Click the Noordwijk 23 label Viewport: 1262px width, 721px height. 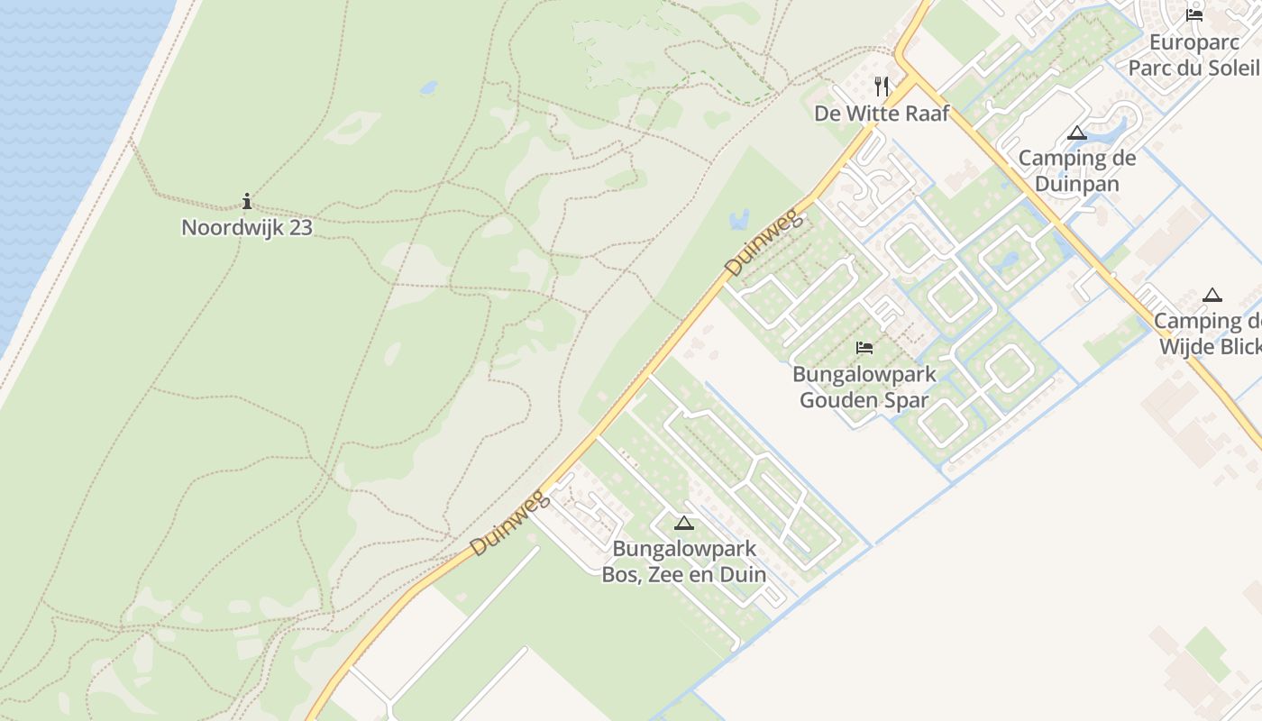coord(247,227)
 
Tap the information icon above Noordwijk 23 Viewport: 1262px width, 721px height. coord(247,201)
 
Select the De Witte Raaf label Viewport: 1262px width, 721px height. coord(882,114)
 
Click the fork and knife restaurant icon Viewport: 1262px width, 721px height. coord(882,87)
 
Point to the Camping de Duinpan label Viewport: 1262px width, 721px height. coord(1077,171)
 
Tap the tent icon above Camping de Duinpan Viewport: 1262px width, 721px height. coord(1076,133)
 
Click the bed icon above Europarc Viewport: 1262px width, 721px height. coord(1194,15)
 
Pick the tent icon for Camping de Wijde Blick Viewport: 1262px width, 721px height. coord(1212,295)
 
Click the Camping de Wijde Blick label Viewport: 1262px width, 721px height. coord(1208,333)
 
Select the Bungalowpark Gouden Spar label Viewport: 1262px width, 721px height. coord(864,387)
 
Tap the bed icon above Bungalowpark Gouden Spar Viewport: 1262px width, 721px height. coord(864,348)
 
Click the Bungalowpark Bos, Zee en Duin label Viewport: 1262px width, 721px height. coord(684,561)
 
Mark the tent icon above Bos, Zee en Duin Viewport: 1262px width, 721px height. coord(684,523)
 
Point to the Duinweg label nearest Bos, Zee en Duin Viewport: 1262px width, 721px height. coord(509,523)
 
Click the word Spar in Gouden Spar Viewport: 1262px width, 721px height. coord(908,399)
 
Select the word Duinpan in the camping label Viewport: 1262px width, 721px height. coord(1077,184)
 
